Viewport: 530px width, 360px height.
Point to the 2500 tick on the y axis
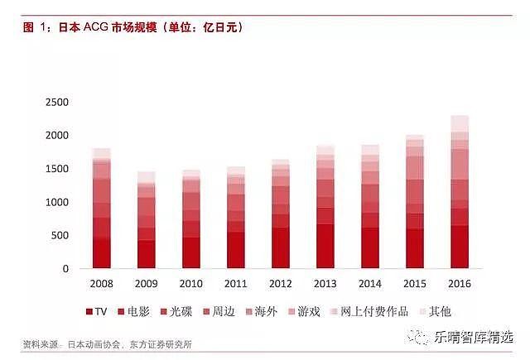pyautogui.click(x=58, y=102)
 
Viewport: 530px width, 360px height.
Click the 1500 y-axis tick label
pyautogui.click(x=58, y=169)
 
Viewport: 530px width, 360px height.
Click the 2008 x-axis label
pyautogui.click(x=101, y=283)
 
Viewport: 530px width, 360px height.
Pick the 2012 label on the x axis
pyautogui.click(x=280, y=283)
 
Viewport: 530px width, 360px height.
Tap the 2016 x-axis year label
pyautogui.click(x=460, y=283)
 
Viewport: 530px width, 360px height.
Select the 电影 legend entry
pyautogui.click(x=136, y=312)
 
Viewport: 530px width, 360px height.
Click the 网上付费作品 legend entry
pyautogui.click(x=373, y=312)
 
